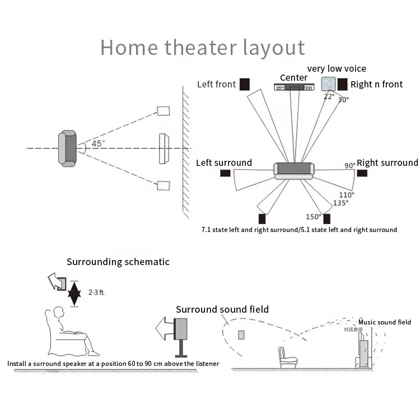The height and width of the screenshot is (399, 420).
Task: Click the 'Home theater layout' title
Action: (x=202, y=48)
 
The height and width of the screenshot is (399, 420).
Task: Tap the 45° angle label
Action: (x=97, y=143)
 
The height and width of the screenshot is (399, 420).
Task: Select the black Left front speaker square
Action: (x=245, y=85)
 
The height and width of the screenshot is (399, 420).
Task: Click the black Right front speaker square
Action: (x=342, y=85)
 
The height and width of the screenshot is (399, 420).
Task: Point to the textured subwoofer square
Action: (x=328, y=84)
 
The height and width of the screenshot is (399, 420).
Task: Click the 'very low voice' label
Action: (x=337, y=68)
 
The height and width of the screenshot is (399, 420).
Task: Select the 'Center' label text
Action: (x=293, y=77)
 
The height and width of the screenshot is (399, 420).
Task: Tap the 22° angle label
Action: (x=329, y=96)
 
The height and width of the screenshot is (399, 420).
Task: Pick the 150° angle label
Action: (x=312, y=216)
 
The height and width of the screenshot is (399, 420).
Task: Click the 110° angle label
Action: (x=346, y=194)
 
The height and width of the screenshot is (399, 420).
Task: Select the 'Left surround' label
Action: (x=224, y=163)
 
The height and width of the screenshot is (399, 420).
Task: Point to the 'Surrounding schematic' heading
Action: (x=118, y=262)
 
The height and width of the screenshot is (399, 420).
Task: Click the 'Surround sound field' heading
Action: (x=222, y=309)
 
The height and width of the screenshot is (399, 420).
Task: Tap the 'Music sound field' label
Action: (x=385, y=322)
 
